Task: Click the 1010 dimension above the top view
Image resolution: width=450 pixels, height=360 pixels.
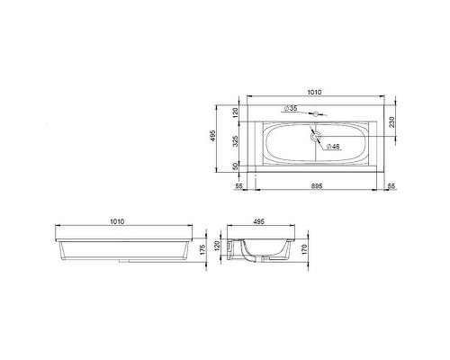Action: coord(315,91)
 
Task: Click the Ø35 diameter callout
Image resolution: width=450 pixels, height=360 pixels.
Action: coord(292,109)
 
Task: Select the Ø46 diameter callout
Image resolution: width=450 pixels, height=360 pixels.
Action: coord(331,146)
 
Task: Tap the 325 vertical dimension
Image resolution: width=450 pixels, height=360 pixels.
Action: coord(236,141)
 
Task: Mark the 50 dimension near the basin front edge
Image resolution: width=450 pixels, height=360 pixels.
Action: coord(236,166)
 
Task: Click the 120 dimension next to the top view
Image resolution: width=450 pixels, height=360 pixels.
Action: coord(236,112)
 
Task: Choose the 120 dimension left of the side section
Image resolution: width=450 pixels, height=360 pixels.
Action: coord(217,243)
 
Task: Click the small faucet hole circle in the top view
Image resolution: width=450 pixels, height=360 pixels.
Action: coord(315,115)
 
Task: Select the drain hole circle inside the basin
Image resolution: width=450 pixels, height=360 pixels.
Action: coord(315,138)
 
